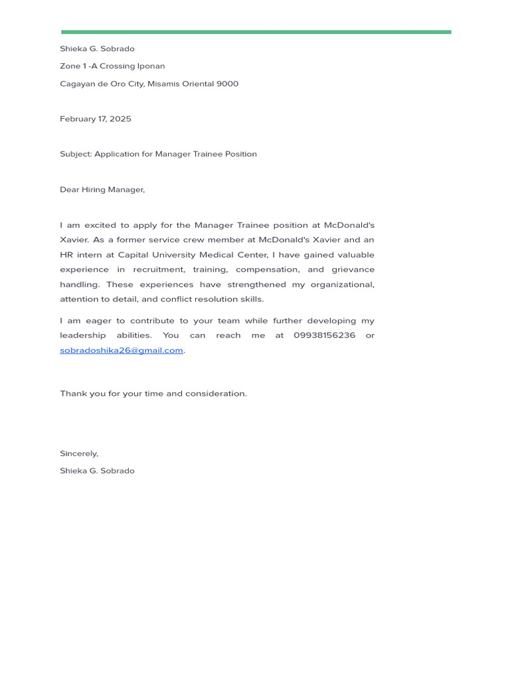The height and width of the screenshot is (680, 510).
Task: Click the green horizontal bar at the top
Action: click(256, 32)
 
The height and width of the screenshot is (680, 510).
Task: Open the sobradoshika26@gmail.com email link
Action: click(122, 351)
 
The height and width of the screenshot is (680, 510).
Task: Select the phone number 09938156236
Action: click(324, 335)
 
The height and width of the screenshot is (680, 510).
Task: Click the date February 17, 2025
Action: click(96, 119)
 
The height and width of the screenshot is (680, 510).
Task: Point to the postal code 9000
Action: click(227, 84)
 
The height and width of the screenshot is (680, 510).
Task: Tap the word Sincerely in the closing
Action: click(78, 454)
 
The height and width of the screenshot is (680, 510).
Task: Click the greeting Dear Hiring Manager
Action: click(102, 190)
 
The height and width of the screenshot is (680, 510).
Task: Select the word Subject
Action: click(75, 154)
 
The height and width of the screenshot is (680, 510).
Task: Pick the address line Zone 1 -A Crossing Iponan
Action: click(112, 66)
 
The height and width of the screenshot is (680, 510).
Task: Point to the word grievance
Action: click(350, 270)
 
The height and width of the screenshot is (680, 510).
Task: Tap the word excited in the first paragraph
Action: click(100, 225)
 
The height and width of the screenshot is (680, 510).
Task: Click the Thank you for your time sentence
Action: click(153, 394)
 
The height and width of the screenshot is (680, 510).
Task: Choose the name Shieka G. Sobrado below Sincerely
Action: click(97, 471)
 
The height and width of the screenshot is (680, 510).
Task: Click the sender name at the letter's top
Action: click(97, 49)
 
